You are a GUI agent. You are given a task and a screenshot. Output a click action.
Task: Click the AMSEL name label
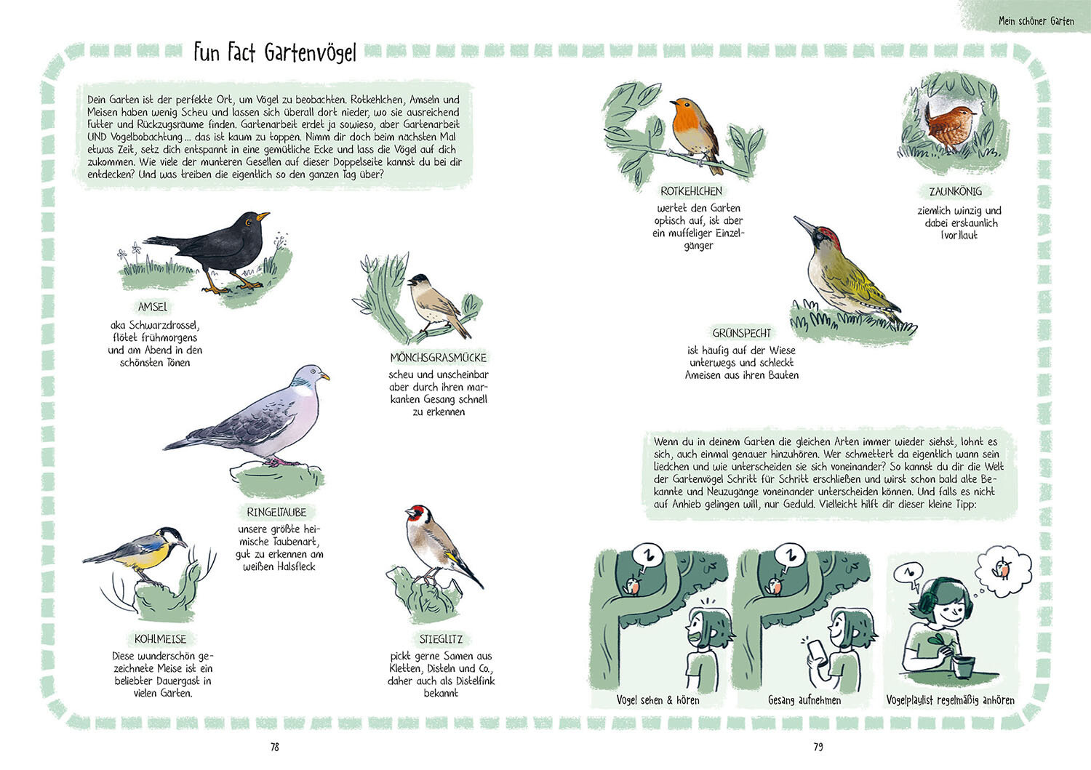[153, 307]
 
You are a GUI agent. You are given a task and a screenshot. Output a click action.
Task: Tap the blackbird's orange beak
[263, 215]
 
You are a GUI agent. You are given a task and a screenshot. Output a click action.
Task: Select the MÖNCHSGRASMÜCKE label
[439, 358]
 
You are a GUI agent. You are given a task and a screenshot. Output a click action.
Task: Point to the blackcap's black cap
[420, 278]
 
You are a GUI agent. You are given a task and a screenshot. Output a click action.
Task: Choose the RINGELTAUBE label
[276, 513]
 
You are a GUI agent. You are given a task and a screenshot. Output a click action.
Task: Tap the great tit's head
[172, 536]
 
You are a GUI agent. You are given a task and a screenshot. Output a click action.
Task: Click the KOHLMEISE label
[160, 639]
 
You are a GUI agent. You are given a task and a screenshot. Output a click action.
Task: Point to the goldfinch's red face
[415, 513]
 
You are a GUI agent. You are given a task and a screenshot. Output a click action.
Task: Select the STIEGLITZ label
[441, 639]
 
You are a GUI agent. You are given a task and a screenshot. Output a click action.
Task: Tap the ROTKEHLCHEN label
[691, 191]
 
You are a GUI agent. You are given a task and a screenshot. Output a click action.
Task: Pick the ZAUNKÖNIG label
[956, 191]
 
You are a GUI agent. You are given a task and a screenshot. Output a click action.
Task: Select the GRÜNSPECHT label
[742, 333]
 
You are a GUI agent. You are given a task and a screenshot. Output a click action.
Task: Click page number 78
[275, 747]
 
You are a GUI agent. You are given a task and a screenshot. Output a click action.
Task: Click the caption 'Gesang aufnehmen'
[804, 700]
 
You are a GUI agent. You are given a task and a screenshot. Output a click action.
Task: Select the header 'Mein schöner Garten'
[1036, 21]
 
